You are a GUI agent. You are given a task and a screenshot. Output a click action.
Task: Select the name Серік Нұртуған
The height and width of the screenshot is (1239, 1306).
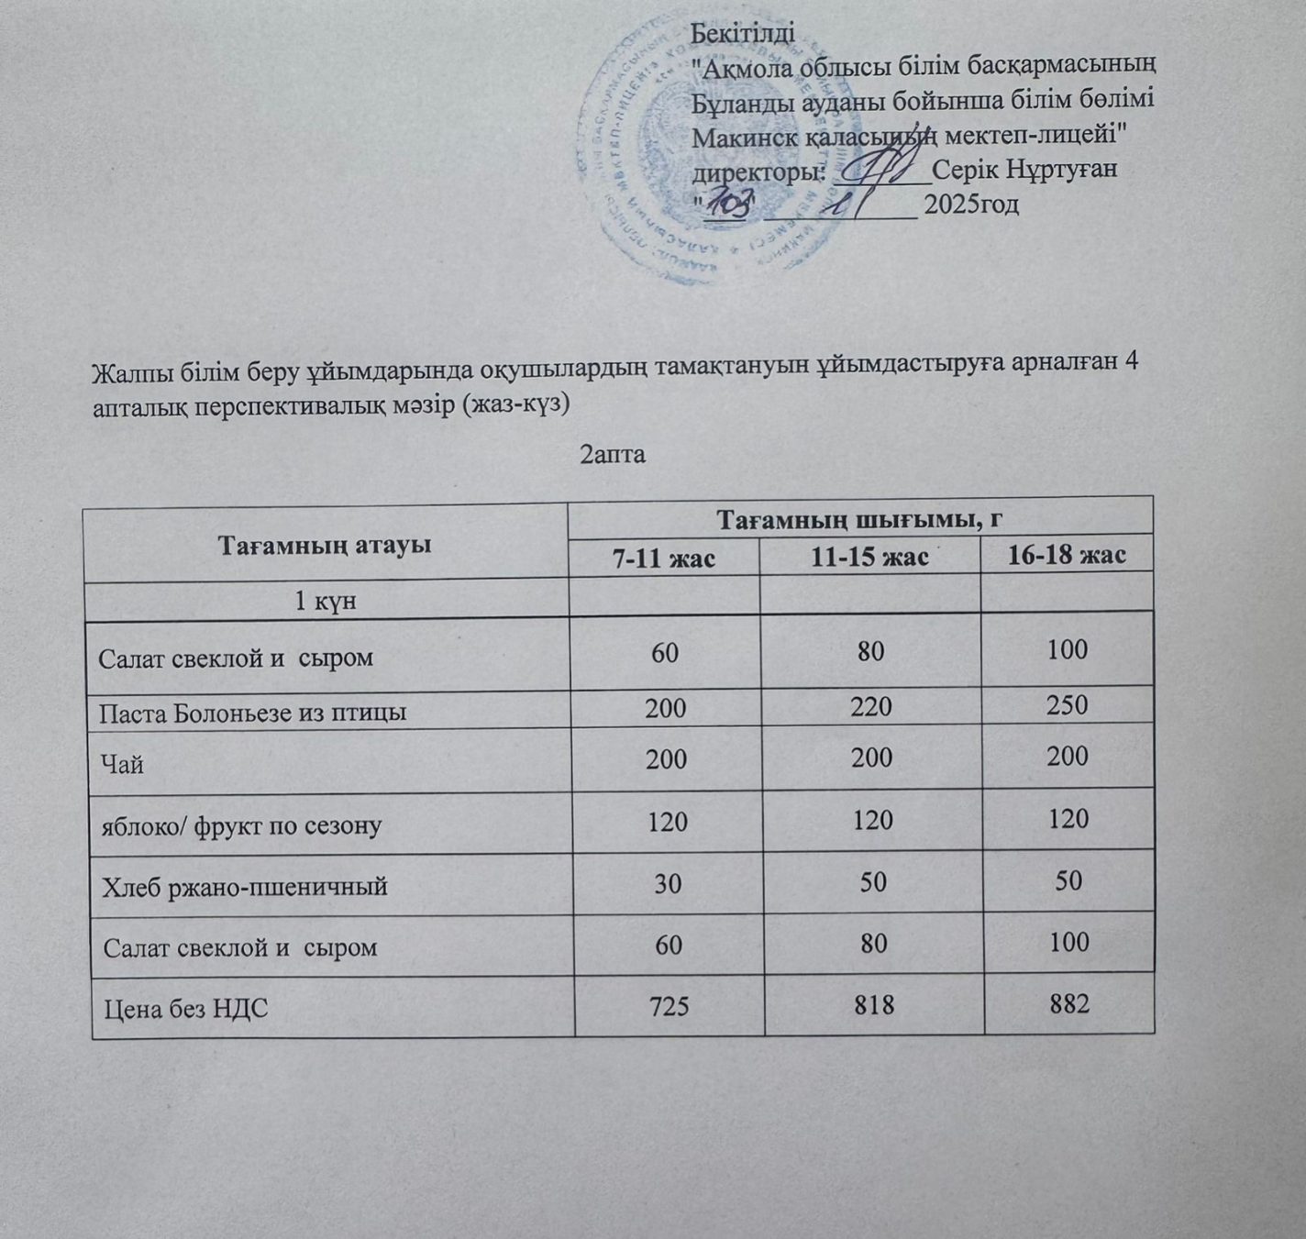(1024, 170)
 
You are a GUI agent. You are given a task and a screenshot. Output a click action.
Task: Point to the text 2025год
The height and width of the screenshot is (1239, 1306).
(972, 204)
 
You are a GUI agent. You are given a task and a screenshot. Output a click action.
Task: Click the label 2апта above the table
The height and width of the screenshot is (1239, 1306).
(614, 454)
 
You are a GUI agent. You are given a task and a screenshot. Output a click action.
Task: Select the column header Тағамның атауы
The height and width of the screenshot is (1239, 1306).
(325, 545)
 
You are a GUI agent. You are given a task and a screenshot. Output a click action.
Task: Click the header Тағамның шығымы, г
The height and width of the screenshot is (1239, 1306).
(859, 519)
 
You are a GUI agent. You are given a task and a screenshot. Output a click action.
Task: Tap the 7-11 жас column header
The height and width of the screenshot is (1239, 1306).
(664, 557)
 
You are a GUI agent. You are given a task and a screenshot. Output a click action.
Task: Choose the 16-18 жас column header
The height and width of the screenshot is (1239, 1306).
(1066, 556)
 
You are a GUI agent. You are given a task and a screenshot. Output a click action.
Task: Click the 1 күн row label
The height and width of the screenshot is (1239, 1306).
(325, 602)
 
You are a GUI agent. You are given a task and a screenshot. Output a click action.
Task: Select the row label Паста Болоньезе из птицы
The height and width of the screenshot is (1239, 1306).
(253, 712)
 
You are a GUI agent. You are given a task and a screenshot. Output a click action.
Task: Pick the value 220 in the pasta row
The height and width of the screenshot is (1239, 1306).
(870, 706)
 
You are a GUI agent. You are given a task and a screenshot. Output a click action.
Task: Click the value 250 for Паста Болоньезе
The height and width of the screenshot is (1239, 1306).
(1068, 705)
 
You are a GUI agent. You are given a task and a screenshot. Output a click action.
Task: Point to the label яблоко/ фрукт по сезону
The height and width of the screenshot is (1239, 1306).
(240, 824)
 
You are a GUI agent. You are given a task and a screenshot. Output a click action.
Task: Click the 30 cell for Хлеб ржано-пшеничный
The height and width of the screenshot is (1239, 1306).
(667, 882)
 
